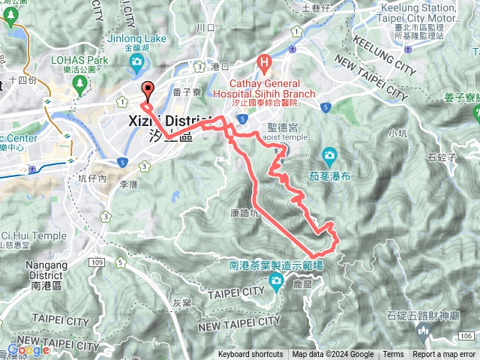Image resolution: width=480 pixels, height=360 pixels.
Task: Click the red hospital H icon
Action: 262,62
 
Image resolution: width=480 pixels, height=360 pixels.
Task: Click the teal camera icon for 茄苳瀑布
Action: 328,157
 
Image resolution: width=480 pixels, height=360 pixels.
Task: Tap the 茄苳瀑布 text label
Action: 328,178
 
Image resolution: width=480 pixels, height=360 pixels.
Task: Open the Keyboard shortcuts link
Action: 250,355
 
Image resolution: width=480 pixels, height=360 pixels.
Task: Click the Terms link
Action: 393,355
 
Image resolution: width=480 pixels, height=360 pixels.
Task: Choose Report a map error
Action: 445,355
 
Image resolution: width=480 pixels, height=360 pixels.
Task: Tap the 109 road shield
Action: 96,262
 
